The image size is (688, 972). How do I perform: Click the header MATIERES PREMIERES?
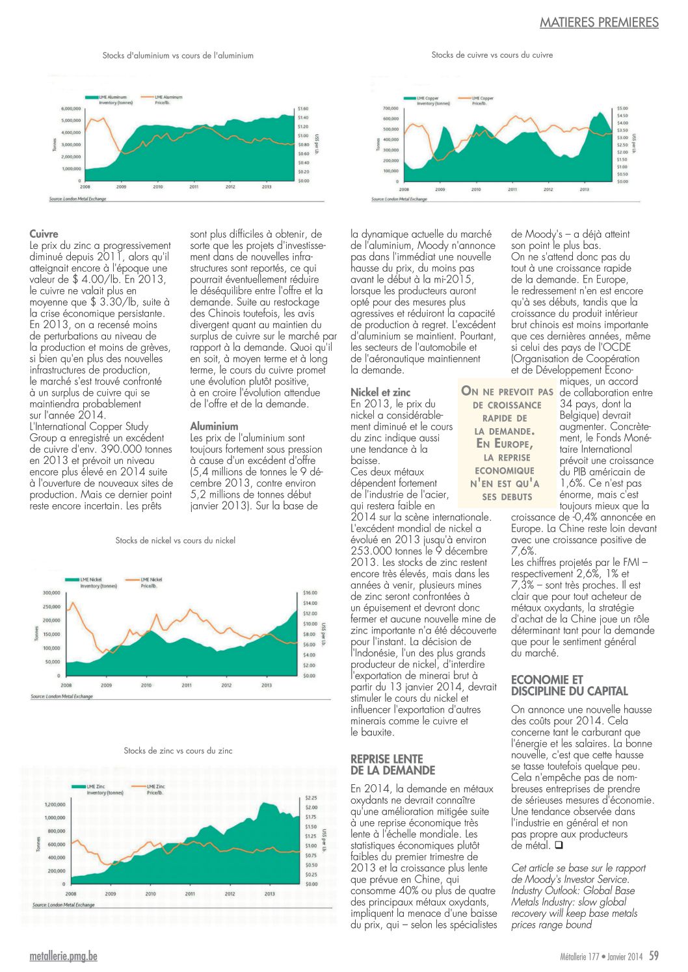(x=599, y=22)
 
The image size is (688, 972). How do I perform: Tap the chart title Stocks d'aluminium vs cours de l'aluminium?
(x=178, y=55)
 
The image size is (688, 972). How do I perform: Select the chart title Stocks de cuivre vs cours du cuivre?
(x=492, y=55)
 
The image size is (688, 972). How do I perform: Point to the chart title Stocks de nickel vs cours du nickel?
(x=175, y=540)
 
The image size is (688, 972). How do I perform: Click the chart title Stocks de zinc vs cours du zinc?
(x=178, y=750)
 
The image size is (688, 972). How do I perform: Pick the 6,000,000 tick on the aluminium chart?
(x=71, y=108)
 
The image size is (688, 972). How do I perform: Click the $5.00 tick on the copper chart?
(x=622, y=108)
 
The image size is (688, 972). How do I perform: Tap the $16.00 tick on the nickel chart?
(x=310, y=593)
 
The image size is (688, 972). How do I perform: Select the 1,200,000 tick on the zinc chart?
(x=55, y=804)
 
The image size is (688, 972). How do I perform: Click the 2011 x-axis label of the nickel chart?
(x=187, y=685)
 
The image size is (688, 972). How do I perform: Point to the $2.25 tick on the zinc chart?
(x=311, y=798)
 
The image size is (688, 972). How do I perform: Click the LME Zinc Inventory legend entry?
(x=98, y=789)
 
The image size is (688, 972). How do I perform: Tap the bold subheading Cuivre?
(x=44, y=234)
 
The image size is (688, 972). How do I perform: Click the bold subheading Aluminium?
(x=214, y=426)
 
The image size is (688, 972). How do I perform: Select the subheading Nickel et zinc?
(x=380, y=392)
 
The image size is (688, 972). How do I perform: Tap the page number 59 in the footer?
(x=654, y=955)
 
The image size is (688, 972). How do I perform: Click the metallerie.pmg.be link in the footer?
(x=64, y=956)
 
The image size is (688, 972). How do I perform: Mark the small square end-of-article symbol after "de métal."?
(x=559, y=845)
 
